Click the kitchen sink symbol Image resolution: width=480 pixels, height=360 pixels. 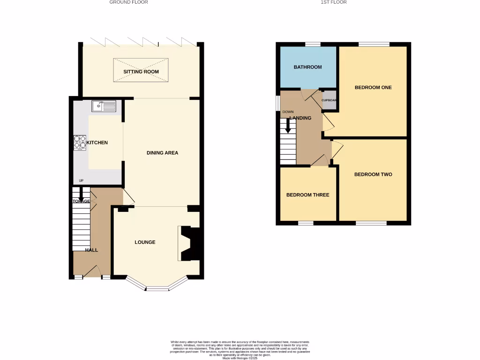click(x=104, y=107)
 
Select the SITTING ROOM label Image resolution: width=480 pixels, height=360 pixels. click(x=141, y=72)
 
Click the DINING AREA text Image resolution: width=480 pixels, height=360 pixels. click(x=162, y=153)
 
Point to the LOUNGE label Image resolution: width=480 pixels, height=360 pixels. click(x=145, y=242)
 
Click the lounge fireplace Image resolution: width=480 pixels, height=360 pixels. click(x=190, y=243)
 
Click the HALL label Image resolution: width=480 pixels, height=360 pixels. click(x=91, y=250)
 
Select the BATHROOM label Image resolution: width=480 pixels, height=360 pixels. click(x=307, y=67)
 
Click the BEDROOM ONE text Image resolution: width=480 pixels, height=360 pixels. click(x=373, y=88)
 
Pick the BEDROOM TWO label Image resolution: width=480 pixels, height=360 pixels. click(x=373, y=174)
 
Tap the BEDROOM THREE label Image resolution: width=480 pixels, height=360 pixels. click(x=307, y=195)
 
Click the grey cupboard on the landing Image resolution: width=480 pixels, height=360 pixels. click(x=329, y=100)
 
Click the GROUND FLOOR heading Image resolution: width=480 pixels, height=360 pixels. click(x=128, y=2)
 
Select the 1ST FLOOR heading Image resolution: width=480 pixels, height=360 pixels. click(x=333, y=2)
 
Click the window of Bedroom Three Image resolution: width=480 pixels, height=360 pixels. click(x=306, y=223)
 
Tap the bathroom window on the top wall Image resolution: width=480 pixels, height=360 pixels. click(x=313, y=45)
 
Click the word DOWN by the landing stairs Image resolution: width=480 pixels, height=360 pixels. click(x=287, y=112)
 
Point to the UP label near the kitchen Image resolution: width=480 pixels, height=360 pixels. click(x=81, y=180)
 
